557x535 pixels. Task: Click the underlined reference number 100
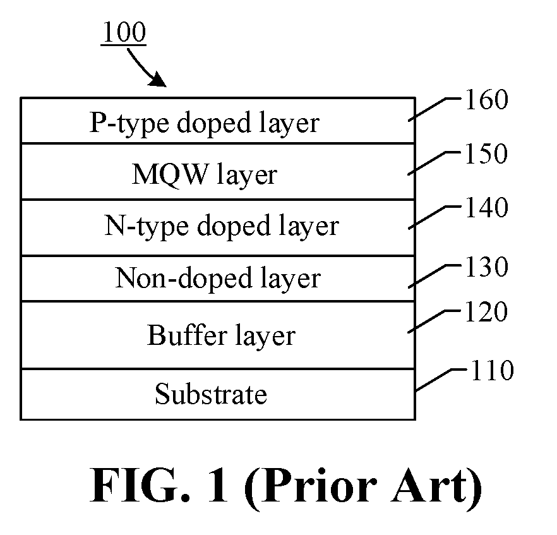(x=124, y=32)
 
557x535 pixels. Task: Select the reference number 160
(x=487, y=99)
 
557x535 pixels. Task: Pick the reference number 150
(x=486, y=153)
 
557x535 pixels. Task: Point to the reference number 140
(x=487, y=207)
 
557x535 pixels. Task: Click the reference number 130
(x=487, y=267)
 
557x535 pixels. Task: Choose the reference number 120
(x=486, y=311)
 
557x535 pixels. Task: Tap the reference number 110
(x=493, y=370)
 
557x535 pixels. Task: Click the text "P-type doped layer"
(x=204, y=124)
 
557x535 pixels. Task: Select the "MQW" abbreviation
(x=170, y=174)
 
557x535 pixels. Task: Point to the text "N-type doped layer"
(x=222, y=226)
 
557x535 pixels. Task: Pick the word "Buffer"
(x=187, y=334)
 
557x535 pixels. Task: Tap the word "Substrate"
(x=211, y=394)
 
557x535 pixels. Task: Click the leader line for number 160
(x=434, y=110)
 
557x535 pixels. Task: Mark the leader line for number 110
(x=441, y=380)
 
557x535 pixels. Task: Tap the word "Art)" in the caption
(x=436, y=488)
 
